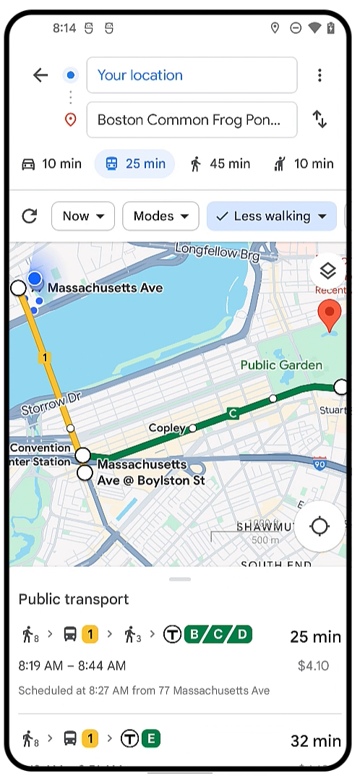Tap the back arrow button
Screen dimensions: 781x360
click(x=40, y=75)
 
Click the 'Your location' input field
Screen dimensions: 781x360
click(x=192, y=75)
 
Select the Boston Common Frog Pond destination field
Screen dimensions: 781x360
click(x=192, y=120)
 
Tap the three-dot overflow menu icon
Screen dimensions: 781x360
click(x=320, y=75)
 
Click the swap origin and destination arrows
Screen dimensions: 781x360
click(x=320, y=120)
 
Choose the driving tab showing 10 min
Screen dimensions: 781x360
click(x=51, y=164)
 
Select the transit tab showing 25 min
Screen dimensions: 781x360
click(x=135, y=164)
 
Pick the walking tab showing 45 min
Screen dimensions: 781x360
click(x=220, y=164)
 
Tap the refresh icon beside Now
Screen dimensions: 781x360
click(x=30, y=216)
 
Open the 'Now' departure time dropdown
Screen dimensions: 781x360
click(x=83, y=216)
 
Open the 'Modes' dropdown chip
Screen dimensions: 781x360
click(x=160, y=216)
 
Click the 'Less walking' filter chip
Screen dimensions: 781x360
click(x=272, y=216)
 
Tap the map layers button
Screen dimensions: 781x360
click(x=327, y=271)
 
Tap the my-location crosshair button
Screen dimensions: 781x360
click(x=320, y=526)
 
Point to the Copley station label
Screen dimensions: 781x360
click(x=167, y=428)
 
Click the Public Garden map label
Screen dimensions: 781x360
click(x=281, y=365)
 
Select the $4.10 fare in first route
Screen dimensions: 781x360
click(x=313, y=666)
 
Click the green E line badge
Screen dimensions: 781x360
click(x=150, y=738)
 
